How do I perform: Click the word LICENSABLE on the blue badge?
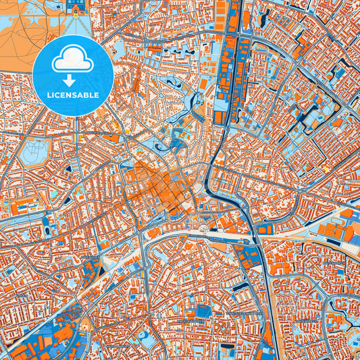pyautogui.click(x=73, y=95)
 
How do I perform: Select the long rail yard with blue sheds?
pyautogui.click(x=230, y=61)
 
